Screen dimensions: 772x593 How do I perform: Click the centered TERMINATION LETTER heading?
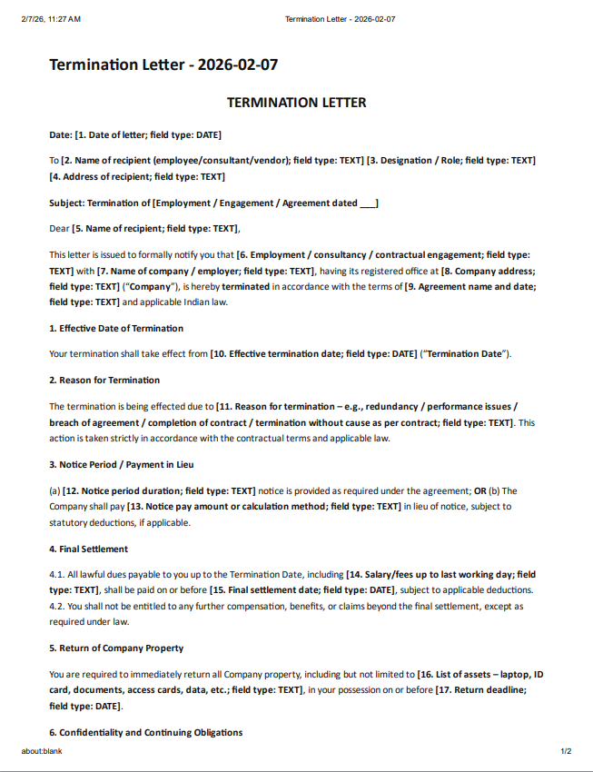point(296,103)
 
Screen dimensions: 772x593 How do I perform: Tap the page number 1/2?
point(566,752)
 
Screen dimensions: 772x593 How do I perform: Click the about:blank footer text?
point(42,752)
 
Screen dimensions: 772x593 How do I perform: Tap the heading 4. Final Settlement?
point(88,549)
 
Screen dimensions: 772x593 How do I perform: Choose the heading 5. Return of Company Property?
point(116,648)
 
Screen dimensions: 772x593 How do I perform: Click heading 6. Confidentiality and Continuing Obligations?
point(145,733)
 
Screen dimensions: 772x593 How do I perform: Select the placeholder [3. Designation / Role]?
point(451,160)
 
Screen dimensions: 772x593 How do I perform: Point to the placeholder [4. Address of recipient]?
point(137,176)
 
